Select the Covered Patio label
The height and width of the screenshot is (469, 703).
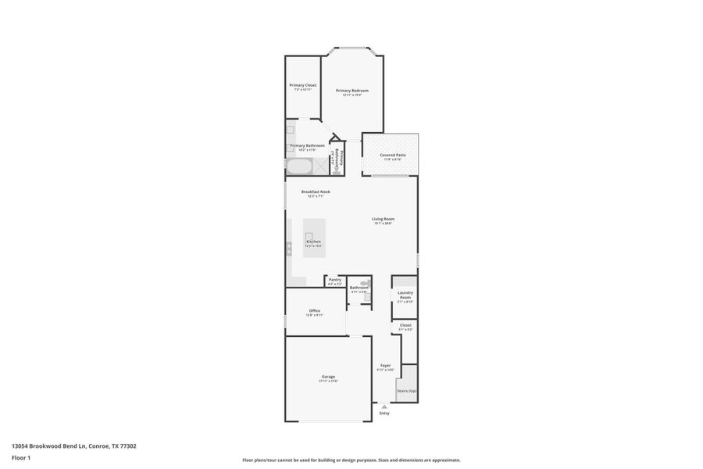point(393,156)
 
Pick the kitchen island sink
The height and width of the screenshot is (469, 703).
point(309,235)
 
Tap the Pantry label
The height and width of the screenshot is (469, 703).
point(334,280)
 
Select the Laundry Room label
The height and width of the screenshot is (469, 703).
point(405,296)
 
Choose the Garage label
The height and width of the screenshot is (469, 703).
point(328,378)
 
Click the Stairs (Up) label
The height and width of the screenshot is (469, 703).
point(406,390)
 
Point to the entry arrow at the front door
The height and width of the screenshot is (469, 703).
point(384,406)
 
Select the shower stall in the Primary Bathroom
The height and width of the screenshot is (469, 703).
point(321,166)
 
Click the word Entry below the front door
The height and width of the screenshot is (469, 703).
point(384,413)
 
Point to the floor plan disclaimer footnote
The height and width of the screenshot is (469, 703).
point(351,460)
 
